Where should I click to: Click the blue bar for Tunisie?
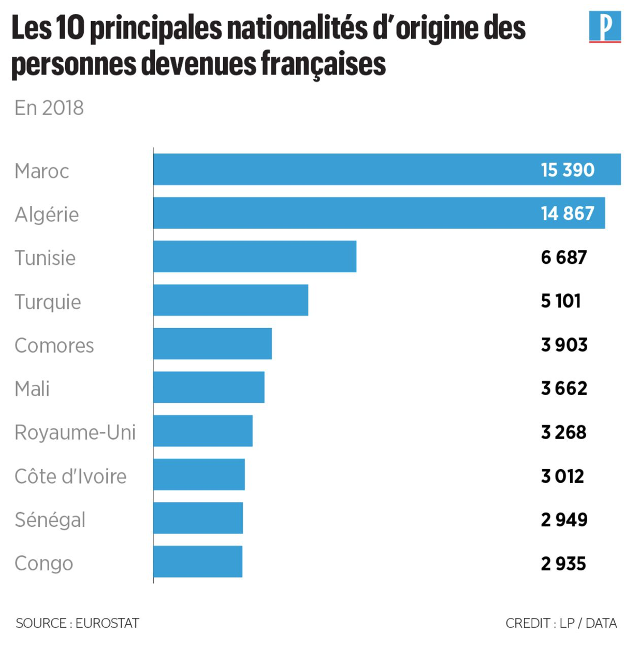coord(255,256)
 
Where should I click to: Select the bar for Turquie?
coord(230,300)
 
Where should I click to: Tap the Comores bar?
coord(212,343)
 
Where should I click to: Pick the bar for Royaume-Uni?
coord(203,430)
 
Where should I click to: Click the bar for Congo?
coord(198,561)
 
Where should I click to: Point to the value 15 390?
coord(567,170)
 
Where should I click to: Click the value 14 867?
coord(567,214)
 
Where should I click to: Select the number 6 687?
coord(563,257)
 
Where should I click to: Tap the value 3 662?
coord(563,388)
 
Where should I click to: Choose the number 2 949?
coord(563,519)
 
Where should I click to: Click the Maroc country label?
coord(41,171)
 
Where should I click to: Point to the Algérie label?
coord(47,215)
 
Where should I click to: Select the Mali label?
coord(32,389)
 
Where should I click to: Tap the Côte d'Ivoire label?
coord(70,476)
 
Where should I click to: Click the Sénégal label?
coord(50,519)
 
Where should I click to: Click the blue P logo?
coord(604,27)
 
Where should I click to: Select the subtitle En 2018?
coord(49,108)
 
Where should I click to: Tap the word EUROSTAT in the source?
coord(107,623)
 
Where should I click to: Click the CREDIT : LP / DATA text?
coord(561,623)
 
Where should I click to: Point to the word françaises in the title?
coord(323,64)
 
